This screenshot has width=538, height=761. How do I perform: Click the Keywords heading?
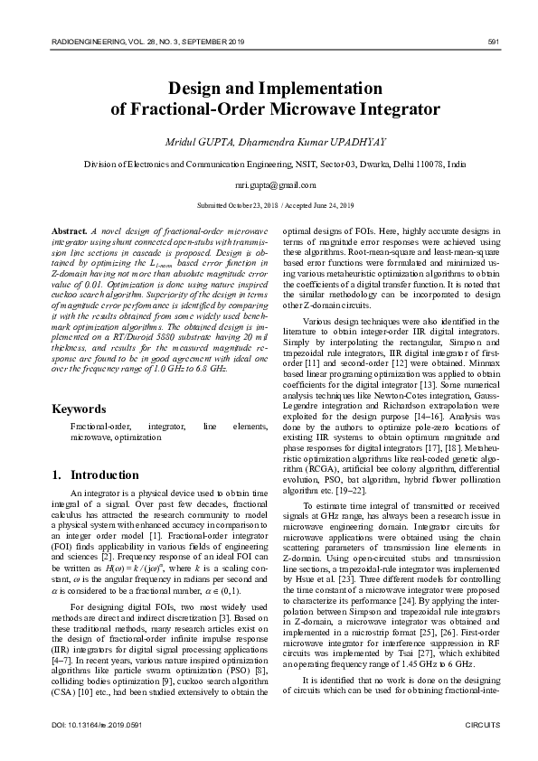pos(79,409)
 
